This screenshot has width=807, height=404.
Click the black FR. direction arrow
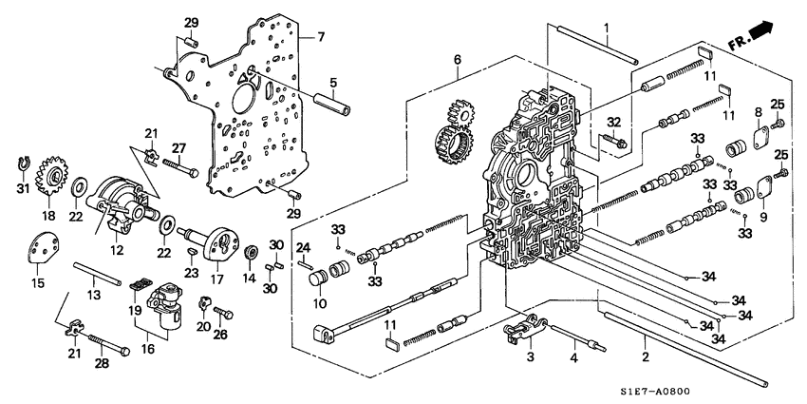pyautogui.click(x=762, y=35)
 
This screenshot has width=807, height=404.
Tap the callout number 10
pyautogui.click(x=319, y=304)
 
